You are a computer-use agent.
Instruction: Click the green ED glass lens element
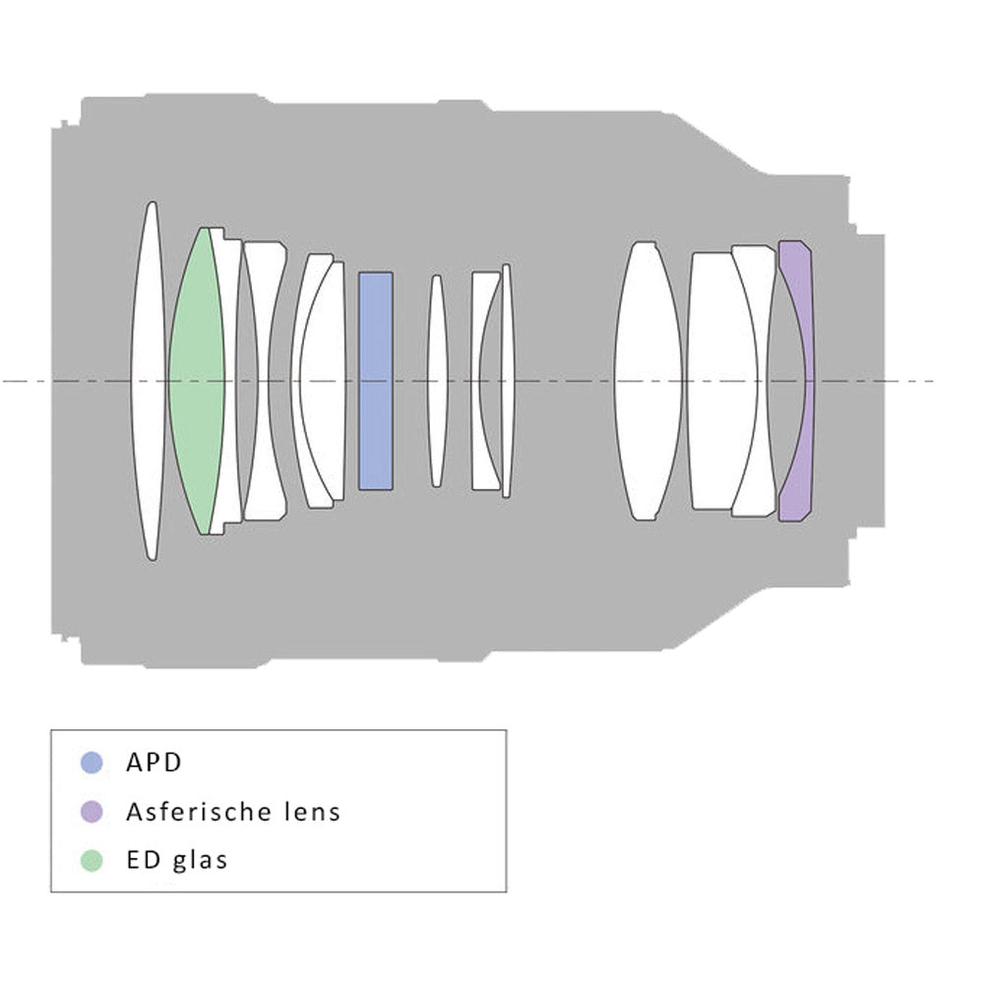(196, 381)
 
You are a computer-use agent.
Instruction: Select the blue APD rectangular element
(375, 381)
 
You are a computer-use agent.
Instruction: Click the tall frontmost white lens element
(148, 381)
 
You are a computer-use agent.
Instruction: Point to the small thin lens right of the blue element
(438, 381)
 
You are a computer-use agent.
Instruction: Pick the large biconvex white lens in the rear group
(647, 381)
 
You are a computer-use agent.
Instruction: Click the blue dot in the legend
(92, 763)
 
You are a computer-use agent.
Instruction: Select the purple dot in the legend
(92, 812)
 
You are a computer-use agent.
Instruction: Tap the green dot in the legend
(92, 860)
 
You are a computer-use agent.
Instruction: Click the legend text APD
(154, 763)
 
